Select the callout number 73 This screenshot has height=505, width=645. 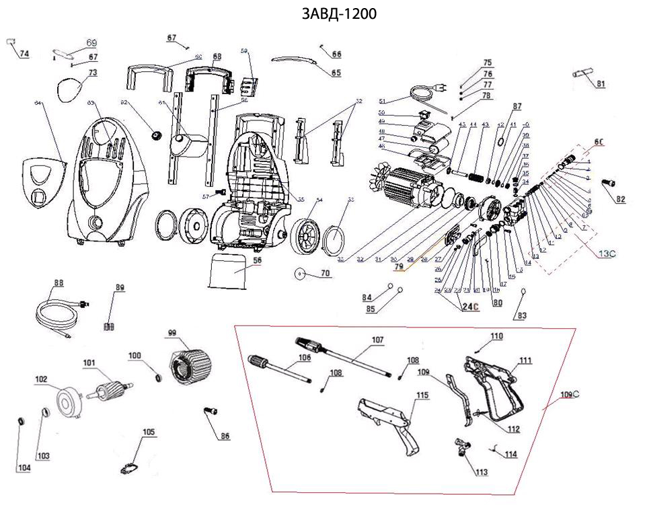coord(93,72)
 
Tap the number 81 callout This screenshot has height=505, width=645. coord(601,83)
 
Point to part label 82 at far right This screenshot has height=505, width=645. coord(620,199)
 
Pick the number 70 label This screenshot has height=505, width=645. coord(326,274)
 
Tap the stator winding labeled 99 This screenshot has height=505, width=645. coord(192,362)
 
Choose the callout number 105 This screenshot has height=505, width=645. coord(148,432)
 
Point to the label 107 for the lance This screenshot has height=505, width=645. coord(377,340)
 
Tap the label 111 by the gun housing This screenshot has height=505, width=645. coord(525,360)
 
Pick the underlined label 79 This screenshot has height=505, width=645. coord(400,267)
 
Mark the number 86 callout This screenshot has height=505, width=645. coord(225,436)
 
